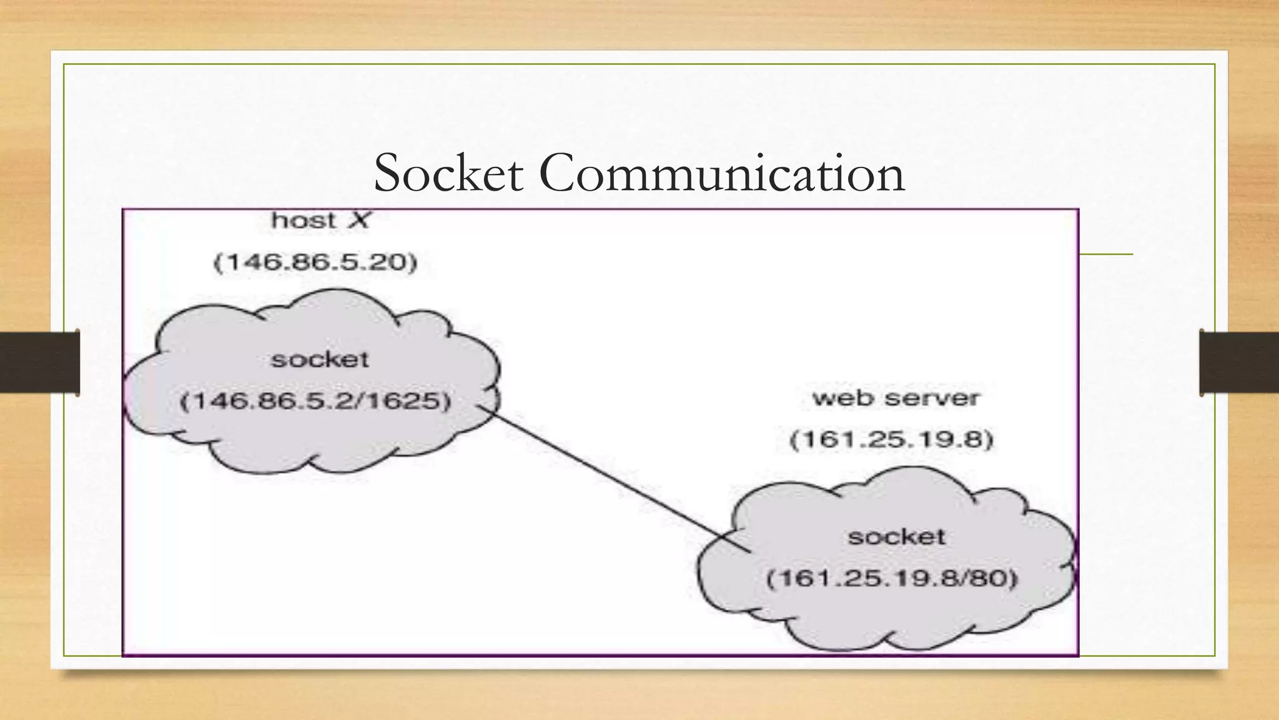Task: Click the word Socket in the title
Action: (x=448, y=173)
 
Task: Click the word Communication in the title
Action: (x=722, y=173)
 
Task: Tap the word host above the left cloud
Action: (x=304, y=220)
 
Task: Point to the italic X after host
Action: (x=358, y=220)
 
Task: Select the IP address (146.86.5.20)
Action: (x=315, y=262)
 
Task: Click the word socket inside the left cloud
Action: (x=320, y=359)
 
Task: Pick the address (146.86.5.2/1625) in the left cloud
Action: (x=315, y=401)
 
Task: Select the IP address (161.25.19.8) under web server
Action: (x=891, y=440)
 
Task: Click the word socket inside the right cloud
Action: (x=896, y=537)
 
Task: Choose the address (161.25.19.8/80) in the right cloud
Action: (x=892, y=578)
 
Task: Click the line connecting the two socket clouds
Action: (x=612, y=479)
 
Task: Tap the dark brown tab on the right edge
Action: (x=1239, y=362)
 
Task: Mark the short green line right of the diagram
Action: (x=1106, y=254)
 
